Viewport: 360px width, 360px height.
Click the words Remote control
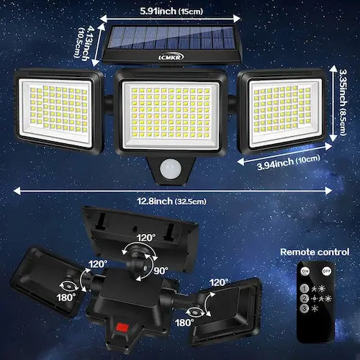click(x=315, y=251)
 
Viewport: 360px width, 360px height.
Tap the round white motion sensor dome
click(x=170, y=167)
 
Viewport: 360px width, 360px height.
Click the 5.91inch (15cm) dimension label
click(x=170, y=11)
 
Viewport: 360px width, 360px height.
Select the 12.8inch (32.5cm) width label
click(x=180, y=201)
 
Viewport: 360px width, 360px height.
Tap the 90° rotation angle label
click(x=161, y=271)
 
